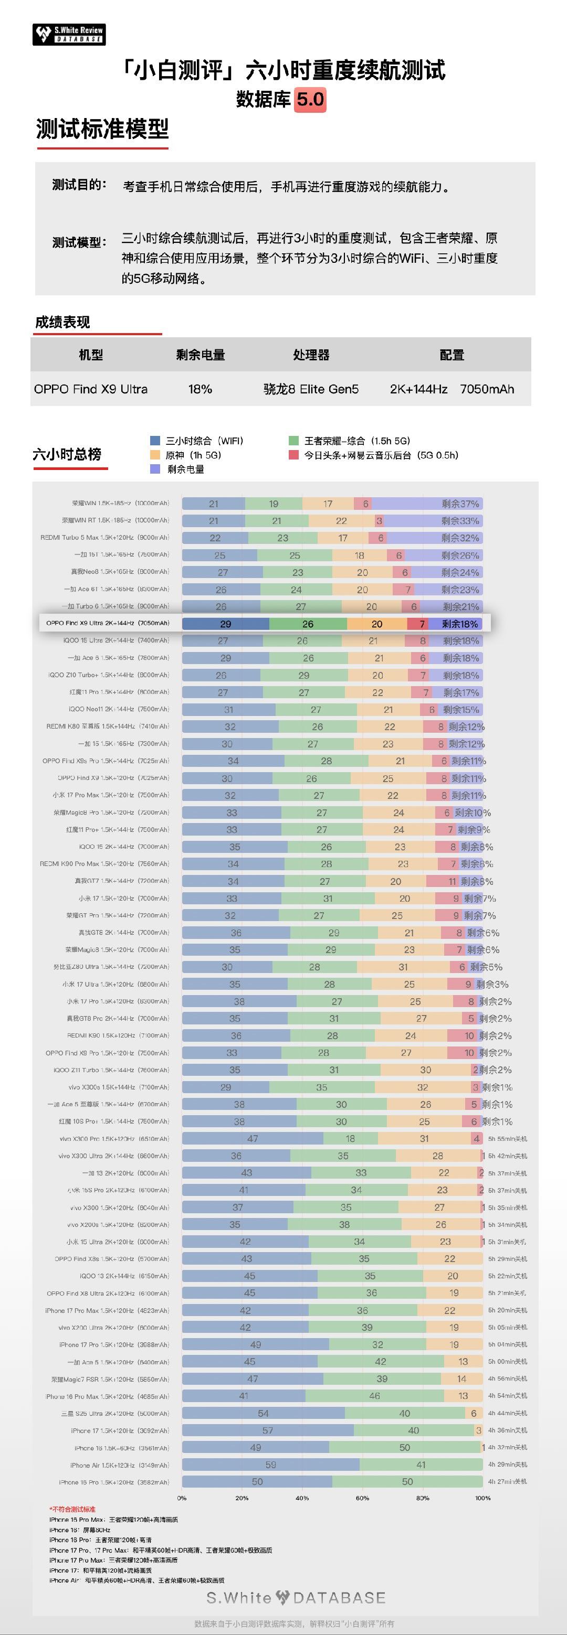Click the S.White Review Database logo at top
click(69, 34)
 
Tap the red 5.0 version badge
click(310, 100)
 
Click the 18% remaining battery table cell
click(200, 389)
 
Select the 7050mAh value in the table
click(487, 389)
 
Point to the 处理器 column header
click(311, 355)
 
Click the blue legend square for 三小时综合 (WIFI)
click(155, 441)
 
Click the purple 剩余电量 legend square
click(155, 469)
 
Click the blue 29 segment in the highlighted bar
click(225, 624)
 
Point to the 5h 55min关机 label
click(507, 1139)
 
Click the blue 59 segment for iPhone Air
click(270, 1465)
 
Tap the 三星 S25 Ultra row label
click(115, 1414)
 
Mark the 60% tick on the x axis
click(362, 1498)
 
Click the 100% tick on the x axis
click(482, 1498)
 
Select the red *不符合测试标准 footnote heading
click(72, 1509)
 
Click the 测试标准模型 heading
click(102, 130)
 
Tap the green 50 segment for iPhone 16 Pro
click(407, 1482)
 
